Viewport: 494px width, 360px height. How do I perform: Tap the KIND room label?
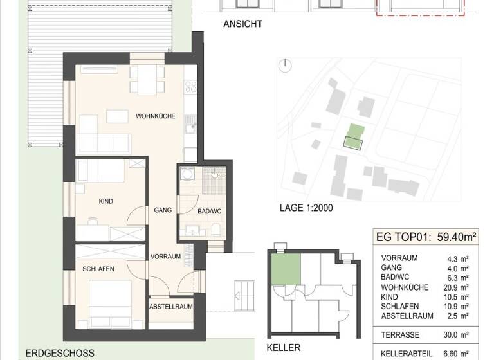pos(106,201)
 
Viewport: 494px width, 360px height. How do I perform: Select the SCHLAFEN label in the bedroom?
pos(98,269)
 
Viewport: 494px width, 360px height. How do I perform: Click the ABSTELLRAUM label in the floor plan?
pos(171,307)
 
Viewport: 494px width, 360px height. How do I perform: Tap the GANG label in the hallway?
pos(161,210)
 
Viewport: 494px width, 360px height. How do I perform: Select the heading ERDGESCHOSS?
pos(60,353)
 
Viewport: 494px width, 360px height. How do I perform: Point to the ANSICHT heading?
pos(243,25)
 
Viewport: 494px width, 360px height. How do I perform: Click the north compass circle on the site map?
pos(286,65)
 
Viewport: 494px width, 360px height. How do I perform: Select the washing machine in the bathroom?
pos(187,174)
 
